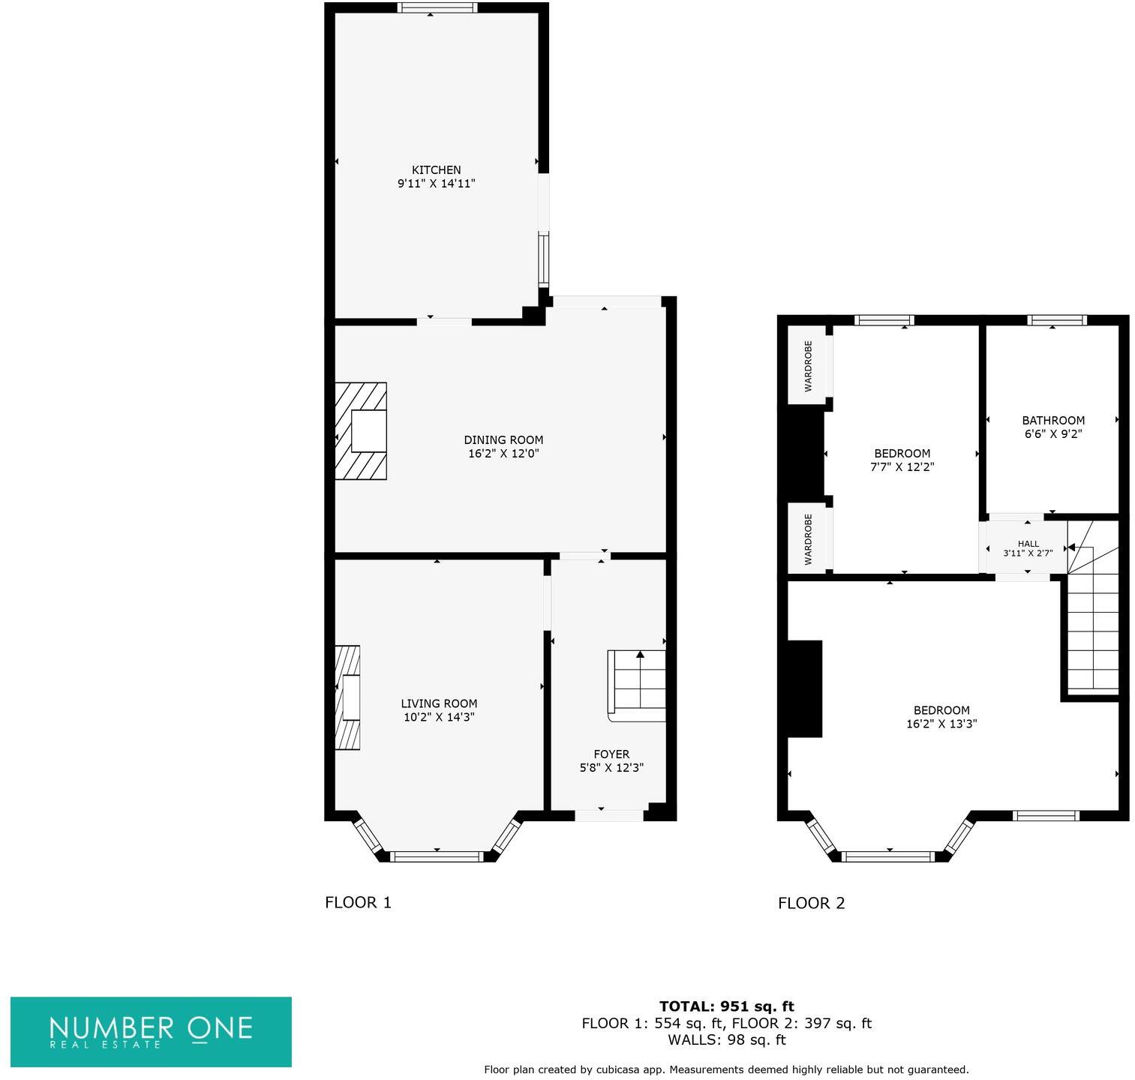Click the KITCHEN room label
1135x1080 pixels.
(x=436, y=170)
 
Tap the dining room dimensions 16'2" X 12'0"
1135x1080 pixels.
(x=503, y=454)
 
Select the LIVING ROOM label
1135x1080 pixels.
(x=439, y=703)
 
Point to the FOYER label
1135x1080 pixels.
(x=611, y=754)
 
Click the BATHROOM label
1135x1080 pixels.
(x=1053, y=421)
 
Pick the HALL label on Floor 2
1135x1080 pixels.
(x=1028, y=544)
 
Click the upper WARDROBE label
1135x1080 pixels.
(x=808, y=366)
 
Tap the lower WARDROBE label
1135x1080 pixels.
(x=808, y=539)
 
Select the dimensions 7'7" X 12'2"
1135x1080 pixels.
(x=902, y=466)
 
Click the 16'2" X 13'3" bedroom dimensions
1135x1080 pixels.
(x=941, y=724)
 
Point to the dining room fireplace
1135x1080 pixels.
(x=361, y=431)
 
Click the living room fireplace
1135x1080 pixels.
(x=347, y=697)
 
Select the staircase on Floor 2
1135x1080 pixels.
(x=1092, y=622)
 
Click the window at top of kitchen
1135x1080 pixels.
(x=437, y=8)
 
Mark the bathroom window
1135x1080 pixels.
(x=1056, y=320)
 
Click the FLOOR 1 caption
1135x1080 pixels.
(x=358, y=902)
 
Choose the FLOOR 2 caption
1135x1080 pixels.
(x=811, y=903)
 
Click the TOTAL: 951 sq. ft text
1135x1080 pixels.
(x=726, y=1006)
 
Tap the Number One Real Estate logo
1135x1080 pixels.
(x=151, y=1031)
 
